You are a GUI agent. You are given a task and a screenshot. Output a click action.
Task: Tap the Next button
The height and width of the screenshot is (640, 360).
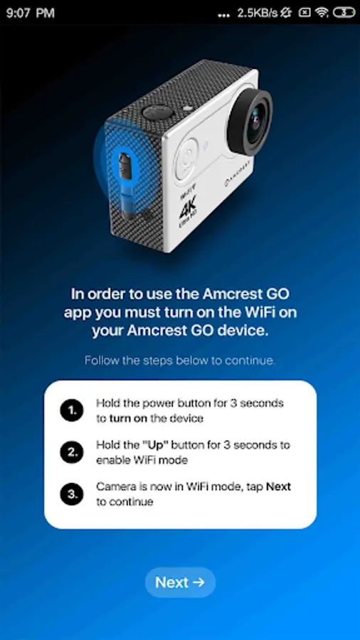pos(180,582)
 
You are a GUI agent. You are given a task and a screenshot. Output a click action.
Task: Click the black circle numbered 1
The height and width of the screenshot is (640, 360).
pos(72,410)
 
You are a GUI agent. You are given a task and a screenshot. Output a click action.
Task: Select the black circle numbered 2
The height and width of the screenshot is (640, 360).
pos(72,452)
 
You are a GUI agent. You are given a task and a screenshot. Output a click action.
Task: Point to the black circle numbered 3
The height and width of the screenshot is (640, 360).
pos(72,494)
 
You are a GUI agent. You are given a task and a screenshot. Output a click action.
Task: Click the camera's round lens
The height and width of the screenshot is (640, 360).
pos(250,121)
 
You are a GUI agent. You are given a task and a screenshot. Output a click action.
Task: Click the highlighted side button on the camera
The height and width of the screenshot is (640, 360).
pos(125,166)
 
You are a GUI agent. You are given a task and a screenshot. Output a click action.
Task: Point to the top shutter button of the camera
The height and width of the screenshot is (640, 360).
pos(157,112)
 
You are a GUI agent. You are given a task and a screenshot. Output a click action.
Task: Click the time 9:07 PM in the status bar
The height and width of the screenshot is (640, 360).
pos(30,13)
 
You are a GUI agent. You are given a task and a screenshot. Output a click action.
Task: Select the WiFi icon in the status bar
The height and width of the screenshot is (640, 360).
pos(322,13)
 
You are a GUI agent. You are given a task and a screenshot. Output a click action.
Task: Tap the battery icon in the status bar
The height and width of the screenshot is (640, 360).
pos(344,13)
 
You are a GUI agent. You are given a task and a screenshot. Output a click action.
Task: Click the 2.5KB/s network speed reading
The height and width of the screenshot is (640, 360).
pos(258,13)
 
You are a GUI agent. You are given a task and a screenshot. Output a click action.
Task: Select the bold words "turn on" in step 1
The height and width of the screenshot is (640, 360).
pos(129,418)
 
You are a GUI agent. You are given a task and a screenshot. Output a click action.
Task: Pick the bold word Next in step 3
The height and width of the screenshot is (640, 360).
pos(278,486)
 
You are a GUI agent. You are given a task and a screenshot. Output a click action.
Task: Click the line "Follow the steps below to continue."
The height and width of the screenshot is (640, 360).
pos(180,361)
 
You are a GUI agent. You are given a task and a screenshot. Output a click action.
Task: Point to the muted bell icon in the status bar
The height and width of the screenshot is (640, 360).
pos(286,13)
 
